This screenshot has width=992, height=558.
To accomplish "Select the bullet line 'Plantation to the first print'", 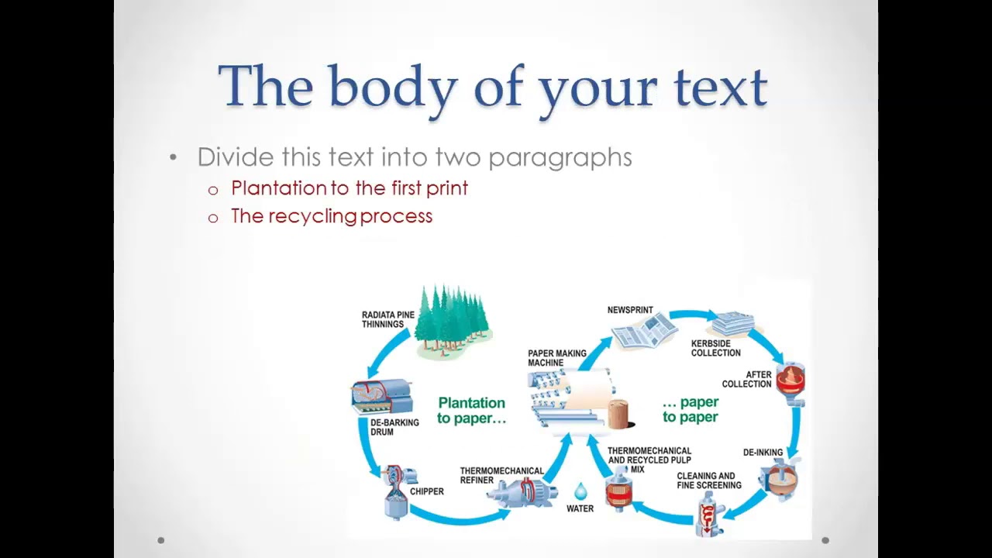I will pos(349,188).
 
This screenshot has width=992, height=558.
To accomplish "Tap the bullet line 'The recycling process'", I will pos(331,216).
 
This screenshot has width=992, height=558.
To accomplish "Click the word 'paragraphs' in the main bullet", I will pos(560,157).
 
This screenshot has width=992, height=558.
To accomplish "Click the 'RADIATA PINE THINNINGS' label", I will pos(387,319).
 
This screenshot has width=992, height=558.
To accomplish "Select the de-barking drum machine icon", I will pos(381,396).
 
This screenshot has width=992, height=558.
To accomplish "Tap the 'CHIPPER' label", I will pos(426,491).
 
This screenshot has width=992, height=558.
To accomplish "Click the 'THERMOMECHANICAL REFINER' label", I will pos(501,475).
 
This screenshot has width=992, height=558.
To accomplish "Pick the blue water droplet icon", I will pos(580,491).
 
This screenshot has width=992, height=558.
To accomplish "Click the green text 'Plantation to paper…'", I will pos(471,410).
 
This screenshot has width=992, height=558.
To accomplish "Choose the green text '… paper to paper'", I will pos(690,409).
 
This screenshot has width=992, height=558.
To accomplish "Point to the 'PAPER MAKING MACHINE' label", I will pos(556,358).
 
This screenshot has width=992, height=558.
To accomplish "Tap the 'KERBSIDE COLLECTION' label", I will pos(715,348).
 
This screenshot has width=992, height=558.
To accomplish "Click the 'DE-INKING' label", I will pos(763,453).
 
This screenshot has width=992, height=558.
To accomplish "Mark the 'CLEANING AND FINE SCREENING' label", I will pos(708,480).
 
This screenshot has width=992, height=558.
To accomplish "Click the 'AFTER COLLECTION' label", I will pos(746,379).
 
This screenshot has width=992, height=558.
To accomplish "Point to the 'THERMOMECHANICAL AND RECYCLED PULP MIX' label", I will pos(649,460).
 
